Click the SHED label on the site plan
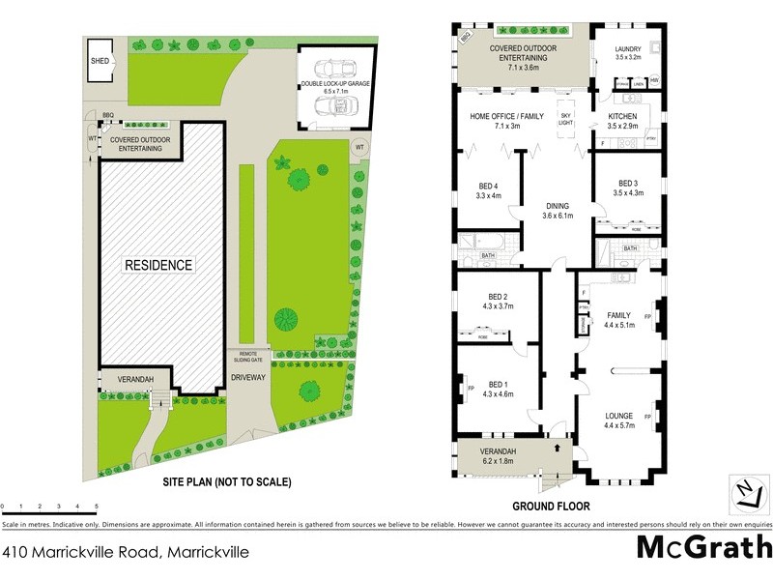(x=100, y=61)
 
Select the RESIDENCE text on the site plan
(x=157, y=264)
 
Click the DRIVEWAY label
(x=248, y=378)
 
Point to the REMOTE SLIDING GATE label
(x=245, y=356)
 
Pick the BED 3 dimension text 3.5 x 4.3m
(x=628, y=193)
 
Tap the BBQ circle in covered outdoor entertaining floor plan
(x=465, y=36)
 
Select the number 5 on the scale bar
(x=96, y=507)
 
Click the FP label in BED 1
(x=471, y=389)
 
